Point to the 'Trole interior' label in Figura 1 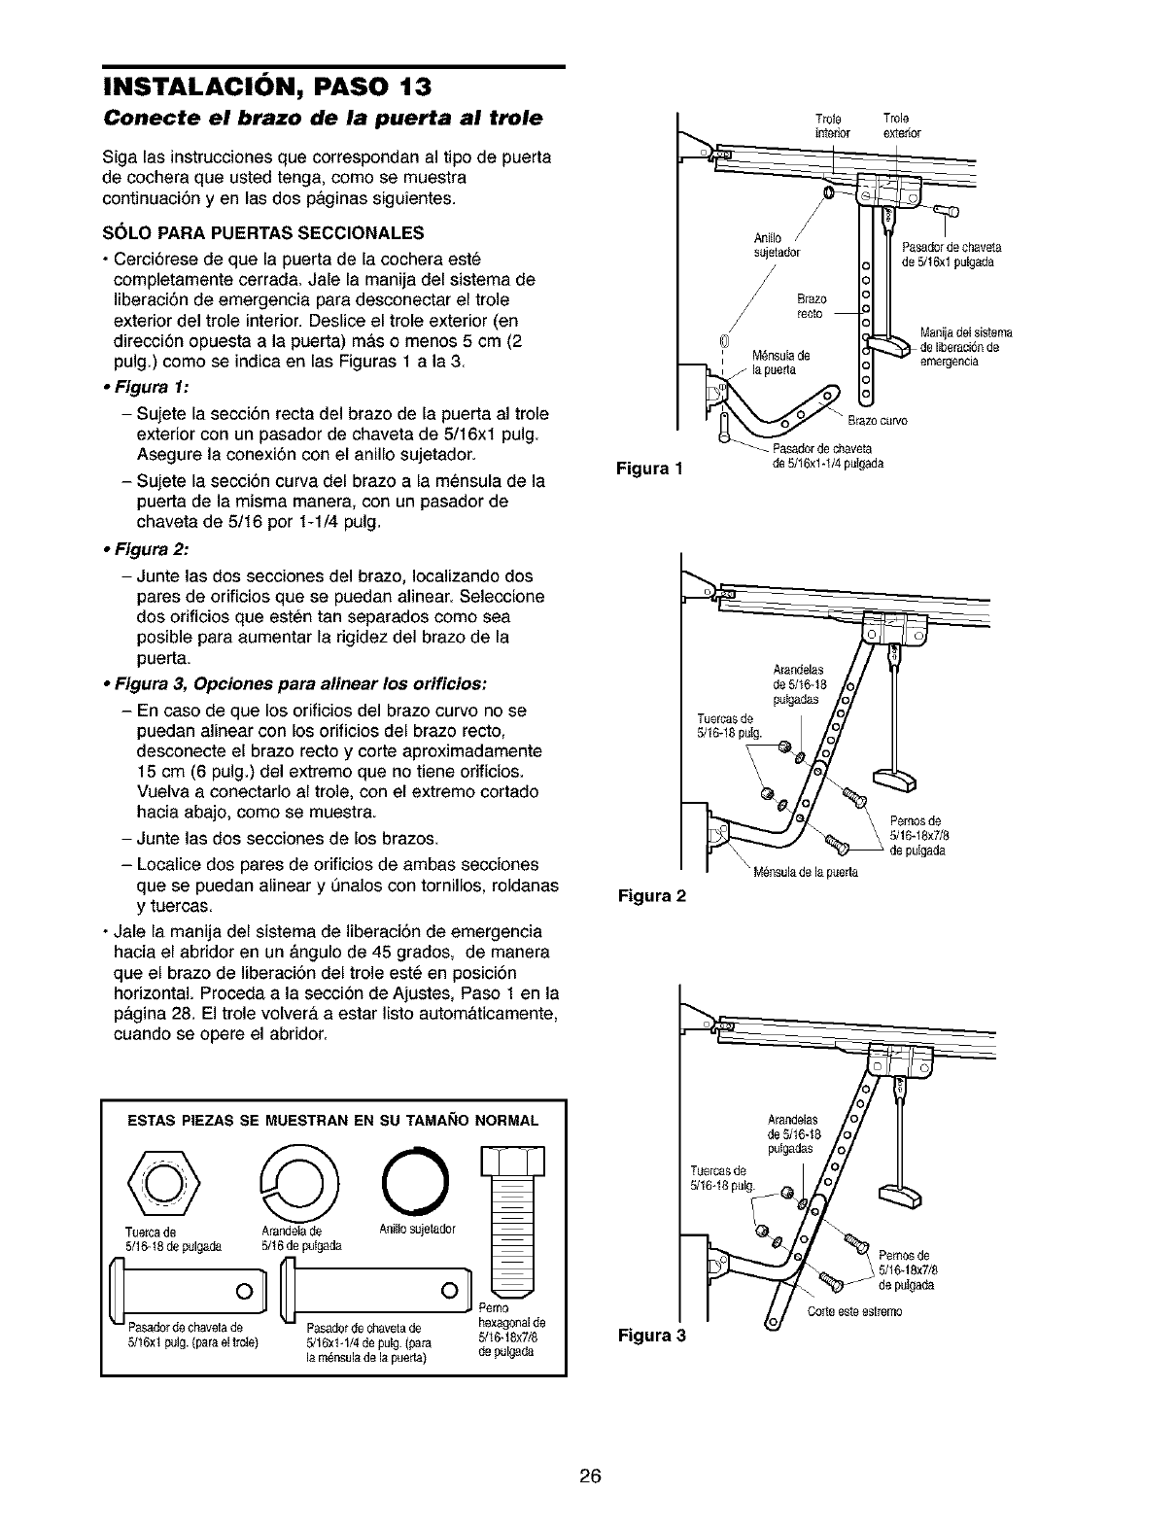832,126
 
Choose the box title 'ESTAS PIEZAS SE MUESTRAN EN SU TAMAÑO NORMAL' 333,1121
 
